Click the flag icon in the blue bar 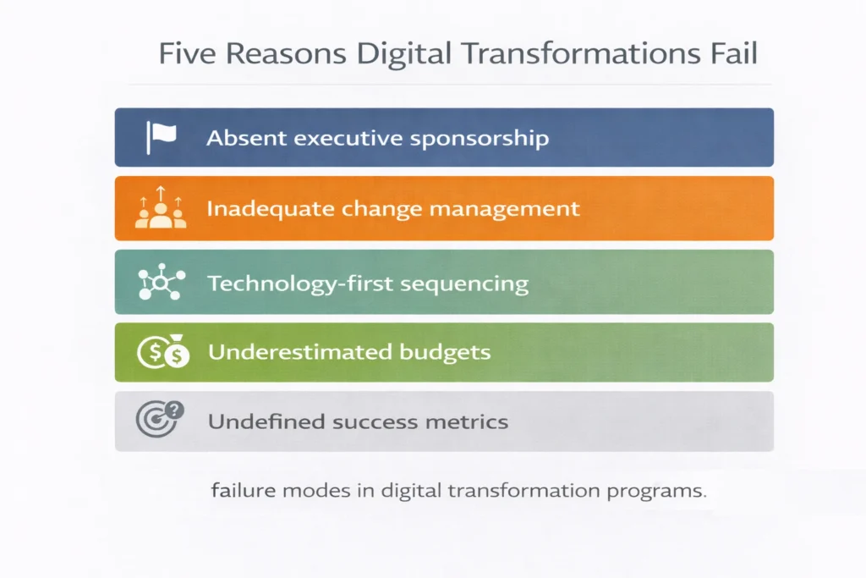point(161,137)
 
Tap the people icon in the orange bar point(160,209)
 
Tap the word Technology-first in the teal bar point(291,283)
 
